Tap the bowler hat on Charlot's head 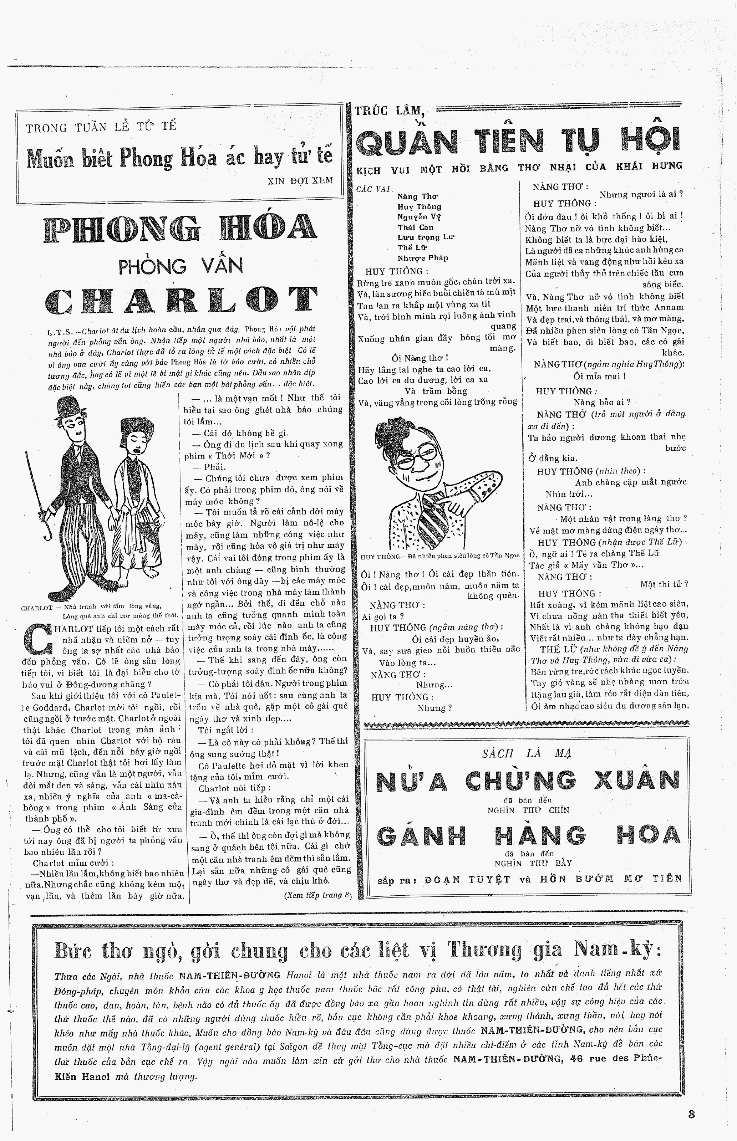[74, 408]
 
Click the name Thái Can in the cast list [415, 227]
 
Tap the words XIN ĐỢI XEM [300, 181]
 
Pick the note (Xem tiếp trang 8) [317, 895]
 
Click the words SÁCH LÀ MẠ [527, 754]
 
